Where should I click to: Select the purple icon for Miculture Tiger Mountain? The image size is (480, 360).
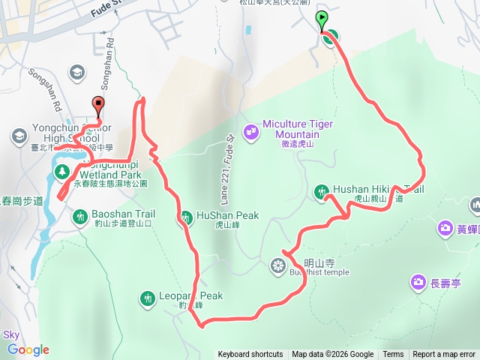click(251, 130)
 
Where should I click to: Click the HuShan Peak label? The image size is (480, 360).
click(227, 215)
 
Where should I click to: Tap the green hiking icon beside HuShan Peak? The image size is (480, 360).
click(184, 217)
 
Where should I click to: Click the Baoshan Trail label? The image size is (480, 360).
click(123, 214)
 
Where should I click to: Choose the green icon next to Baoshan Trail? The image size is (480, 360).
click(79, 217)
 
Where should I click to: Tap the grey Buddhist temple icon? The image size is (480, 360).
click(278, 265)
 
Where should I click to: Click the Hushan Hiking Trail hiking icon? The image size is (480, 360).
click(321, 192)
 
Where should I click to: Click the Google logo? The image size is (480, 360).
click(28, 349)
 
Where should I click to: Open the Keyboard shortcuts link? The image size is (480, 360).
click(250, 355)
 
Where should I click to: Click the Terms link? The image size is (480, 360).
click(393, 355)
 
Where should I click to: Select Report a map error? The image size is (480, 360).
click(444, 355)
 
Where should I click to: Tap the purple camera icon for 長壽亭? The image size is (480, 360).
click(418, 282)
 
